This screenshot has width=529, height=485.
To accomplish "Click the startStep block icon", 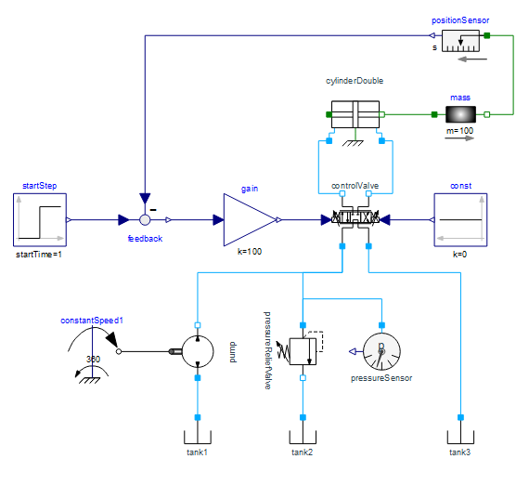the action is click(40, 220).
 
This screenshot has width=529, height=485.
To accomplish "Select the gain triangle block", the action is click(250, 220).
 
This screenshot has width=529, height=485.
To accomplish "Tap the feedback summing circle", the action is click(145, 220).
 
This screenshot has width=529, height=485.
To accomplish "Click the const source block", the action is click(460, 220).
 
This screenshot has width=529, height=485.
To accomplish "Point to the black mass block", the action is click(460, 114).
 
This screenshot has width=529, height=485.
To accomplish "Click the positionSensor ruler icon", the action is click(460, 41).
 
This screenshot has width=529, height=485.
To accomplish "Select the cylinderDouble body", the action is click(355, 114).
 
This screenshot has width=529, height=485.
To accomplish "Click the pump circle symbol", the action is click(198, 351).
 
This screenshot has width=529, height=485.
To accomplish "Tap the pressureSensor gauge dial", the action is click(381, 351).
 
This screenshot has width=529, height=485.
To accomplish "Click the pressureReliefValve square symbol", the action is click(303, 351).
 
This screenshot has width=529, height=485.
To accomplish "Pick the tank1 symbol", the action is click(198, 438).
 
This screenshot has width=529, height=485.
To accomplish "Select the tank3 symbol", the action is click(460, 438).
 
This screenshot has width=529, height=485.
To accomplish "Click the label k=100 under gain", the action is click(250, 252).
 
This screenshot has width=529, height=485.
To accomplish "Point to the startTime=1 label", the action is click(39, 255).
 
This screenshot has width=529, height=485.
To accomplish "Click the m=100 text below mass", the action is click(459, 131).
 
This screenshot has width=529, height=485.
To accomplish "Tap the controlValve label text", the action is click(355, 186).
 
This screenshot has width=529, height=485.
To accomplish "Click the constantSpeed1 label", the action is click(92, 321).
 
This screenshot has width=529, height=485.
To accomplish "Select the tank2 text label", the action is click(303, 452).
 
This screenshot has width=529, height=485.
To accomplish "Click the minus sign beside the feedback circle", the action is click(153, 210).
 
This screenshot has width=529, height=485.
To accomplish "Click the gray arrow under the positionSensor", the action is click(472, 59).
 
